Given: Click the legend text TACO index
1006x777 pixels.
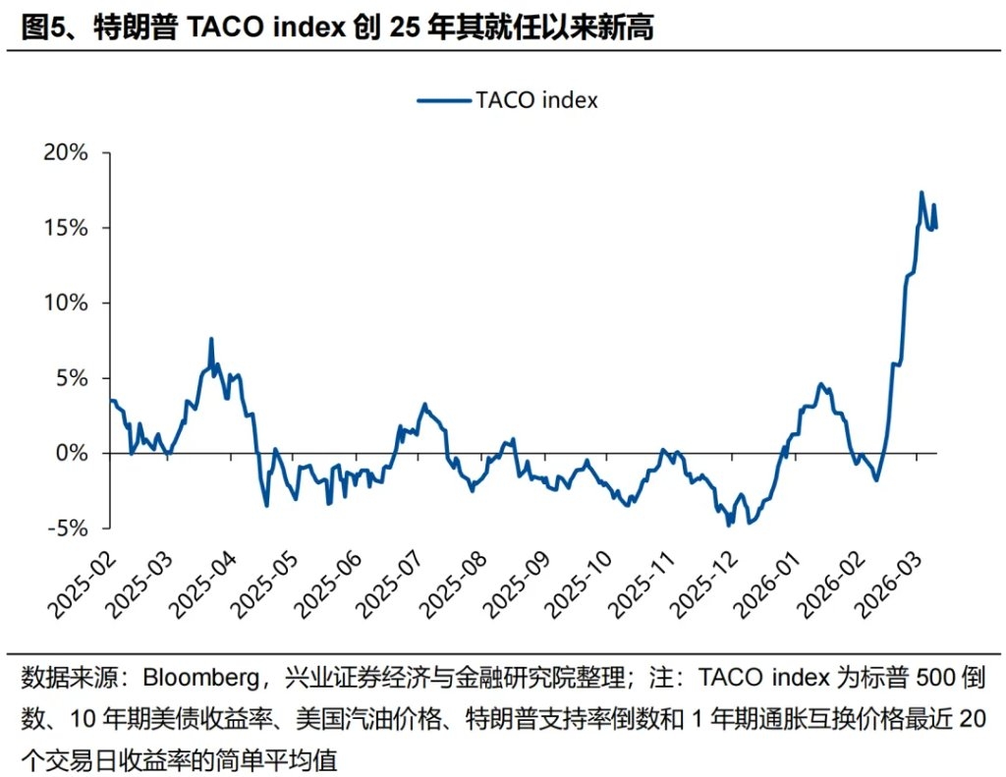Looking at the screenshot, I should (x=536, y=100).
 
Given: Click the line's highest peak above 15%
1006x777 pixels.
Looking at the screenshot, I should (x=922, y=193).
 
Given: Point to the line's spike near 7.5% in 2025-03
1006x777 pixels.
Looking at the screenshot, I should (x=211, y=339).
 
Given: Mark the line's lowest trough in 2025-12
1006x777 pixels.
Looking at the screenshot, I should (x=729, y=526).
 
